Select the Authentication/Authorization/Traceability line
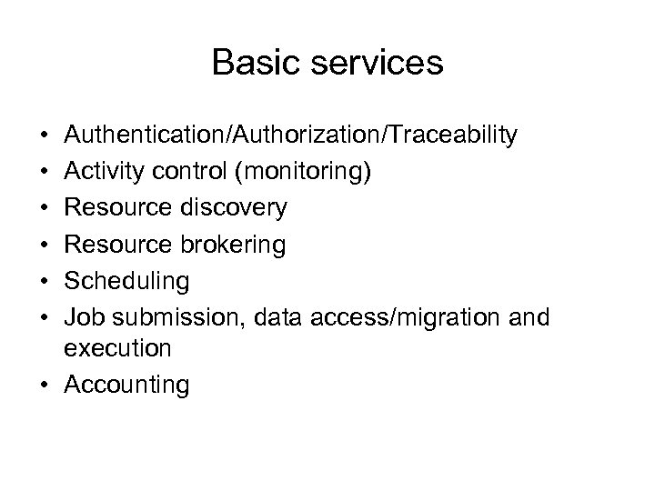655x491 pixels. coord(291,135)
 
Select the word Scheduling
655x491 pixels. coord(127,281)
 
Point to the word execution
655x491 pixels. coord(118,348)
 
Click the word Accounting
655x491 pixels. coord(128,385)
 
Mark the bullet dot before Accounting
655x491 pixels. coord(45,385)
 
